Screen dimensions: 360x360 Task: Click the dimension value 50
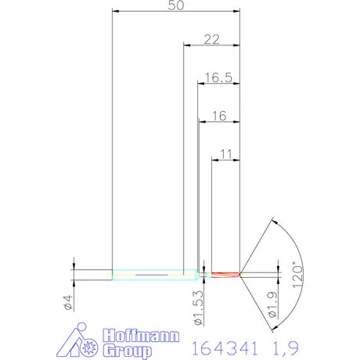pos(176,5)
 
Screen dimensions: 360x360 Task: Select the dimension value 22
pos(211,38)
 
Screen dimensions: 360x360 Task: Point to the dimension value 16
pos(218,115)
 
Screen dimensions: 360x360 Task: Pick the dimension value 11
pos(226,154)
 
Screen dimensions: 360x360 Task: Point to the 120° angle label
pos(295,276)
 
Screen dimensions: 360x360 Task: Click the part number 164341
pos(224,345)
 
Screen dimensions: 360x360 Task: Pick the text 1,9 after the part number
pos(283,345)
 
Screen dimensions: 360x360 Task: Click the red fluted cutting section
pos(224,275)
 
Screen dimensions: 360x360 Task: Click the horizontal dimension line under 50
pos(176,13)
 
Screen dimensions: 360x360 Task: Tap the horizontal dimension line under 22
pos(211,45)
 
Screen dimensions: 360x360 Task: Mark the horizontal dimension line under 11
pos(226,161)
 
